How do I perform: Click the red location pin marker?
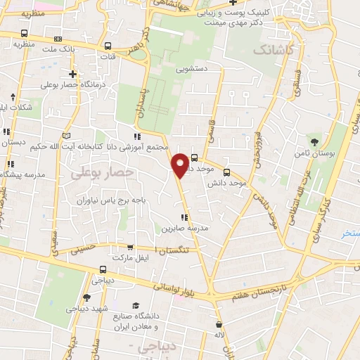point(181,165)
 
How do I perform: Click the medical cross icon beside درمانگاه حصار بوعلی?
point(72,73)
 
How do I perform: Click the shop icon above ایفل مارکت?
point(130,247)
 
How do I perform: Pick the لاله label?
point(219,337)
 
